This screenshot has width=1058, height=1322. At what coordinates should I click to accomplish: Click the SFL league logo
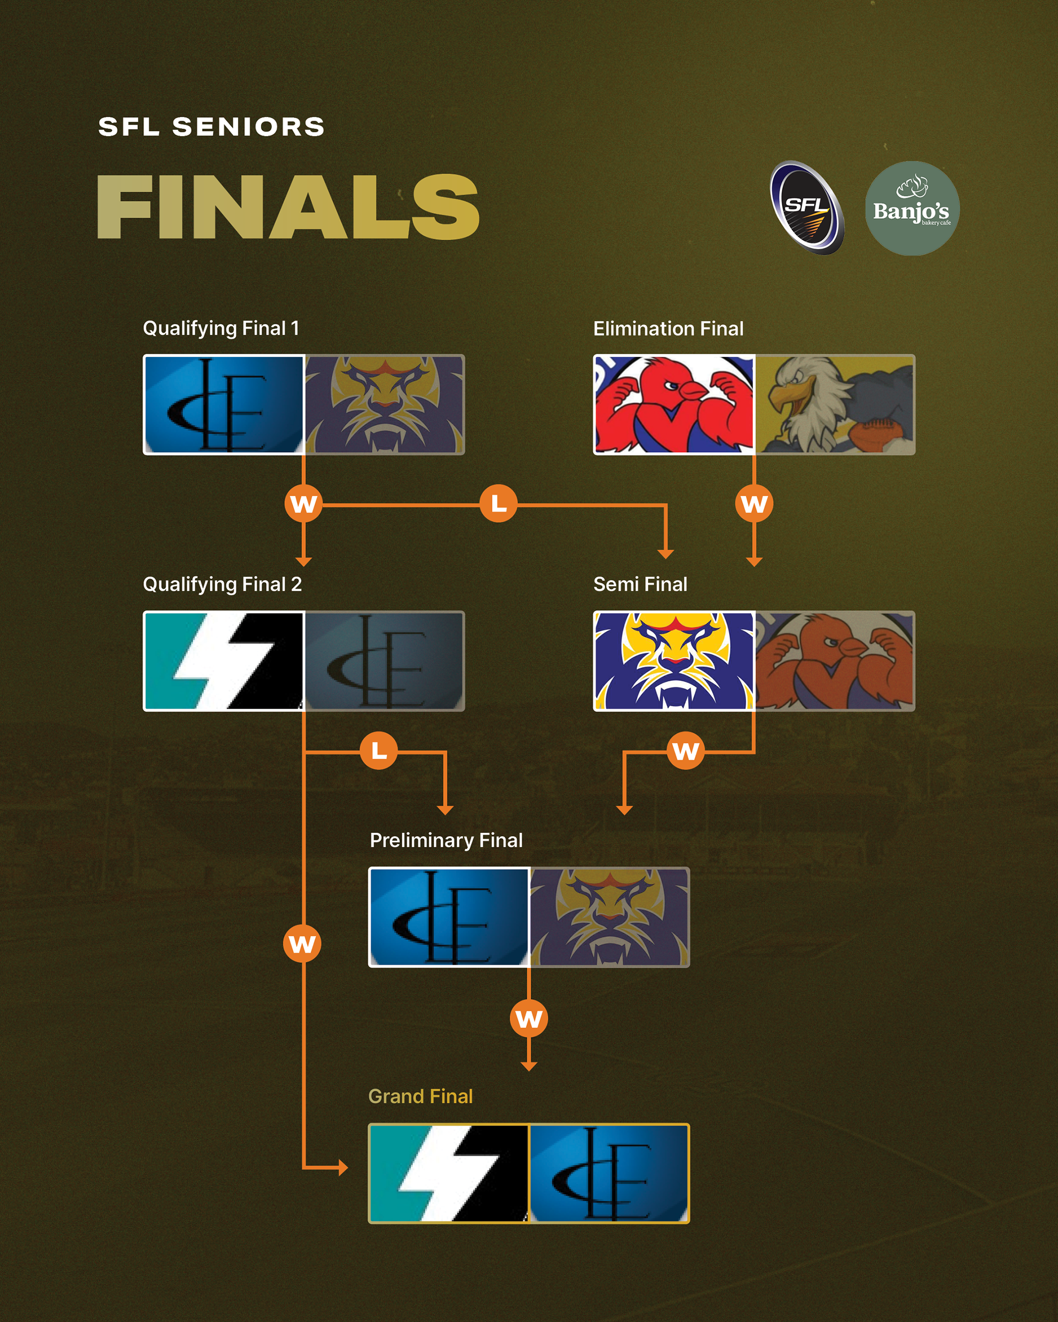[807, 207]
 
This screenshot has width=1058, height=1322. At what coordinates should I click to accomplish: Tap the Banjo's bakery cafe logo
[911, 208]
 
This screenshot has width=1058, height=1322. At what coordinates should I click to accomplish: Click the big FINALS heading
[288, 207]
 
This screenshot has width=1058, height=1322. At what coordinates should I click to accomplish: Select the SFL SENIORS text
[211, 127]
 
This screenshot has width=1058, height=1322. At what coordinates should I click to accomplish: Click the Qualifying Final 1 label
[221, 328]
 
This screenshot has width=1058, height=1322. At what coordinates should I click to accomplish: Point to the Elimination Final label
[668, 329]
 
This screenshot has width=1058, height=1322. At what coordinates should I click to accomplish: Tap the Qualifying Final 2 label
[222, 584]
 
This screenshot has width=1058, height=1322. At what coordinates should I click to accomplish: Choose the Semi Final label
[640, 584]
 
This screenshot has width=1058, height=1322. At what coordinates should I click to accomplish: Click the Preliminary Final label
[446, 840]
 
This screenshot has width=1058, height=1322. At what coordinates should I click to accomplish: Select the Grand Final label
[420, 1096]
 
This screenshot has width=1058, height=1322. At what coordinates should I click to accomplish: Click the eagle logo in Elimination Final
[835, 405]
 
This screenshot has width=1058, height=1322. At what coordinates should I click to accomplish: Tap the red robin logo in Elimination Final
[673, 405]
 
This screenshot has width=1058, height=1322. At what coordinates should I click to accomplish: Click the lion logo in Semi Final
[673, 661]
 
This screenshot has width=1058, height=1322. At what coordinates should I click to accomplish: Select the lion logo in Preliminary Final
[609, 917]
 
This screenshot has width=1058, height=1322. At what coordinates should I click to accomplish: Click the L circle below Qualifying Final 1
[499, 503]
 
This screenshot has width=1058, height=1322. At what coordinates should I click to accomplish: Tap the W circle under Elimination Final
[754, 503]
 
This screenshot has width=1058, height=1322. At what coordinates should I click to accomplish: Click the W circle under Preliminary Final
[528, 1018]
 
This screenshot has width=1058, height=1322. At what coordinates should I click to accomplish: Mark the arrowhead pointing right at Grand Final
[343, 1168]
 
